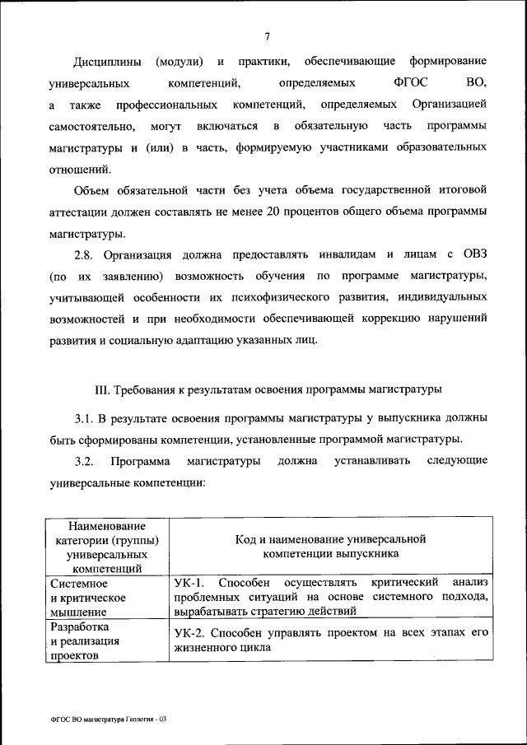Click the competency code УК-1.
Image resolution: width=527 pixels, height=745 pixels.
(x=189, y=583)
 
